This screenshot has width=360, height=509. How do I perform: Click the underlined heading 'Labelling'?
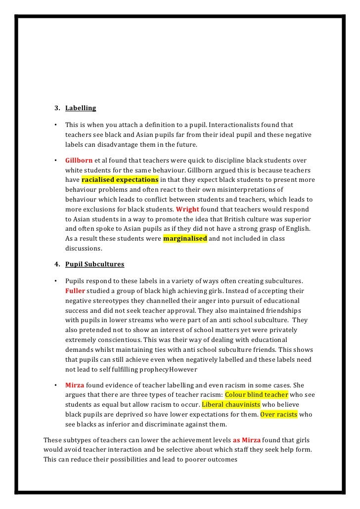coord(81,108)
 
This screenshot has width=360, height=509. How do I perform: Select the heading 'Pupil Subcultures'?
coord(94,264)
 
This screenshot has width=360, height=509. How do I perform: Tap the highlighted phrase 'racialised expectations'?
coord(120,179)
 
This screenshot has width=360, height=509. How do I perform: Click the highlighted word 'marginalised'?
coord(185,239)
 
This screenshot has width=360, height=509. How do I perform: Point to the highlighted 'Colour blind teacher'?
coord(256,395)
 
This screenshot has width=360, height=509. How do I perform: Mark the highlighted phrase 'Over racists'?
coord(279,415)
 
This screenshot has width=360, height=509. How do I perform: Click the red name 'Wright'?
coord(186,209)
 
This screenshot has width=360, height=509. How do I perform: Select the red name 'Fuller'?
coord(75,291)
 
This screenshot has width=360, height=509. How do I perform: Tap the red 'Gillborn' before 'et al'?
coord(79,160)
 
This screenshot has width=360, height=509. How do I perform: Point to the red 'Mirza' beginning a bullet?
coord(75,385)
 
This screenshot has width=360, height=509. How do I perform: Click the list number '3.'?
coord(57,108)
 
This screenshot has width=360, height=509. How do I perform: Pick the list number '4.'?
coord(57,264)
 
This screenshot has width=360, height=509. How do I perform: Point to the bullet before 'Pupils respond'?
coord(56,281)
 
